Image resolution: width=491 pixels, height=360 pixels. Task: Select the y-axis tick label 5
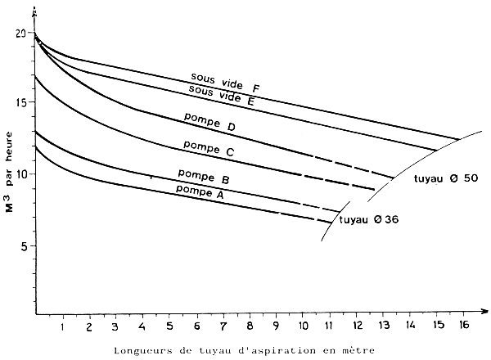pos(24,246)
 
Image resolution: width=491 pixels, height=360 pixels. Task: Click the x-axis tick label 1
pos(61,328)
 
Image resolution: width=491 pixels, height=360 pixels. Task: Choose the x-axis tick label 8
pos(250,328)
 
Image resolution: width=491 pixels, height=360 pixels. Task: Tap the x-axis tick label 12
pos(356,328)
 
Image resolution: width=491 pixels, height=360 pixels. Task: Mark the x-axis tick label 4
pos(142,328)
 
